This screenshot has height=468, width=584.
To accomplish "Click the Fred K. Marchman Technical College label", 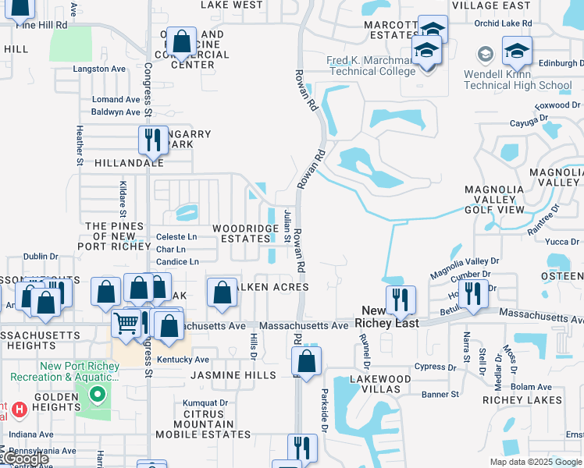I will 372,66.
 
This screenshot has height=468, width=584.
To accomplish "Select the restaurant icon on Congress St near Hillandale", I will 152,140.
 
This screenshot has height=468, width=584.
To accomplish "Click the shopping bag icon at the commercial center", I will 182,43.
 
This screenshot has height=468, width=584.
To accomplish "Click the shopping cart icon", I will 126,322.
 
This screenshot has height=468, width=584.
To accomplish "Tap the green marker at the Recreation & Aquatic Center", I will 98,395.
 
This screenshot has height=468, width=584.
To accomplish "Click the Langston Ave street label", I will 99,69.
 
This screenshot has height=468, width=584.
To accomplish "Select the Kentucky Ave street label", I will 183,360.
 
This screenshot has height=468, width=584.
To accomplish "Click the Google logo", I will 25,459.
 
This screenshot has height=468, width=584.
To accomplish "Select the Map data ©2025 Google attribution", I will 535,462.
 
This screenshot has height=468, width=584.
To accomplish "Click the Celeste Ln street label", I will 177,237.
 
